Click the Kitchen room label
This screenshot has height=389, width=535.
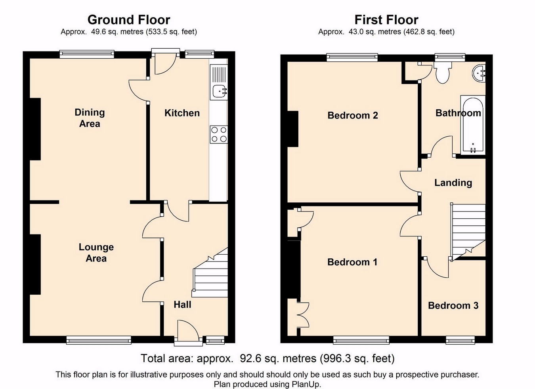pos(182,113)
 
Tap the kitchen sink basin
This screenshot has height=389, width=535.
pos(219,91)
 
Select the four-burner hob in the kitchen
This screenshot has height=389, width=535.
pos(219,134)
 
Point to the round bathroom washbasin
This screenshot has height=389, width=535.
pos(479,72)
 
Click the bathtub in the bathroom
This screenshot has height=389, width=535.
pos(473,125)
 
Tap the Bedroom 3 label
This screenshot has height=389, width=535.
pos(453,306)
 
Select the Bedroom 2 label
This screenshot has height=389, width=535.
pos(353,116)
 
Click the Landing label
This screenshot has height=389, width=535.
pos(453,183)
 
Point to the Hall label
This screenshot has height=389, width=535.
pos(182,305)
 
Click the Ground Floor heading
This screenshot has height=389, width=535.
pos(129,20)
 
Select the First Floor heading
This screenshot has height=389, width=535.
pos(386,20)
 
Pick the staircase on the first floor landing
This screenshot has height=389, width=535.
pos(468,232)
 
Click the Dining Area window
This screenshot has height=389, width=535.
pos(87,54)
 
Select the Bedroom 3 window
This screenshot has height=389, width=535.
pos(460,340)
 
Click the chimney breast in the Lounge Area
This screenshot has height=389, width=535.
pos(35,264)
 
